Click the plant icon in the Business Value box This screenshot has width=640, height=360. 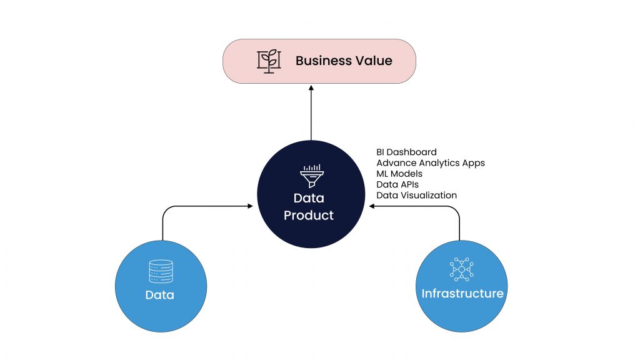pyautogui.click(x=269, y=61)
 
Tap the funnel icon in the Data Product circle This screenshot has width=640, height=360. pyautogui.click(x=311, y=177)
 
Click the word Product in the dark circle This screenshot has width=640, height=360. pyautogui.click(x=309, y=215)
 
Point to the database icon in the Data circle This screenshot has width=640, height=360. pyautogui.click(x=161, y=271)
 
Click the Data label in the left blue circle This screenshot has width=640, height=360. pyautogui.click(x=160, y=295)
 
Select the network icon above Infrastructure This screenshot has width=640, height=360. pyautogui.click(x=462, y=269)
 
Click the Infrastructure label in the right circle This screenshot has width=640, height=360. pyautogui.click(x=462, y=293)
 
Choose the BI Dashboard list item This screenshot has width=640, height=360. pyautogui.click(x=406, y=152)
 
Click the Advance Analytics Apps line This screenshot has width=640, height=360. pyautogui.click(x=430, y=162)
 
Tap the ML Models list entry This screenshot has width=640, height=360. pyautogui.click(x=399, y=174)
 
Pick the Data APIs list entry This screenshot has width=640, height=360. pyautogui.click(x=397, y=184)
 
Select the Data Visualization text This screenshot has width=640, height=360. pyautogui.click(x=416, y=195)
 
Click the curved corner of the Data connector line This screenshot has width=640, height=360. pyautogui.click(x=166, y=211)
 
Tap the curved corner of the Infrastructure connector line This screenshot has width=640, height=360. pyautogui.click(x=456, y=211)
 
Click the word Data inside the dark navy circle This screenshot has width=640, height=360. pyautogui.click(x=309, y=199)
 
